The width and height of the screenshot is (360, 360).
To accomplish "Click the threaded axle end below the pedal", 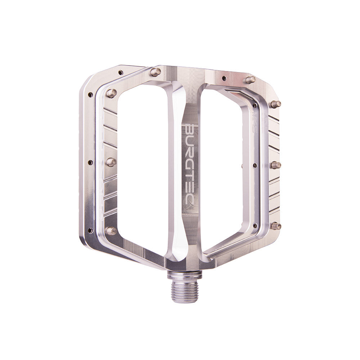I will [x=184, y=290].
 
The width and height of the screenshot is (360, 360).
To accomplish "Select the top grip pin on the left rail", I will [x=112, y=93].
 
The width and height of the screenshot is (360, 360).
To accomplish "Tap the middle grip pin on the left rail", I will [x=111, y=162].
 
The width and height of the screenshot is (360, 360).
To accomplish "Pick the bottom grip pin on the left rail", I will [x=111, y=231].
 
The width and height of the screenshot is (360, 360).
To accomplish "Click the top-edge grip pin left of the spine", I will [x=156, y=72].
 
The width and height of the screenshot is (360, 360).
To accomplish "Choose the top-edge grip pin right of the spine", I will [x=250, y=80].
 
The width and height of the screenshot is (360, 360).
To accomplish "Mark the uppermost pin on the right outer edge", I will [x=276, y=104].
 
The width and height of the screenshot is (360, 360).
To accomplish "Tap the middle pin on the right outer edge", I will [x=276, y=165].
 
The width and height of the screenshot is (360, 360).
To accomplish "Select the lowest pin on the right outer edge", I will [x=276, y=226].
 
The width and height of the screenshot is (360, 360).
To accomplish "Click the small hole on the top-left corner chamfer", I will [x=121, y=72].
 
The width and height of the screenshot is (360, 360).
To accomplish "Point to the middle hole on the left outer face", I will [x=90, y=162].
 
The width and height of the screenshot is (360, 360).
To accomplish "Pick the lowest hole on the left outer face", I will [x=90, y=230].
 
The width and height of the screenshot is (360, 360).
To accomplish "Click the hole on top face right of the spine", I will [x=224, y=78].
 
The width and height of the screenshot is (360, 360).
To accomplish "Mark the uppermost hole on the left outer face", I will [x=90, y=95].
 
